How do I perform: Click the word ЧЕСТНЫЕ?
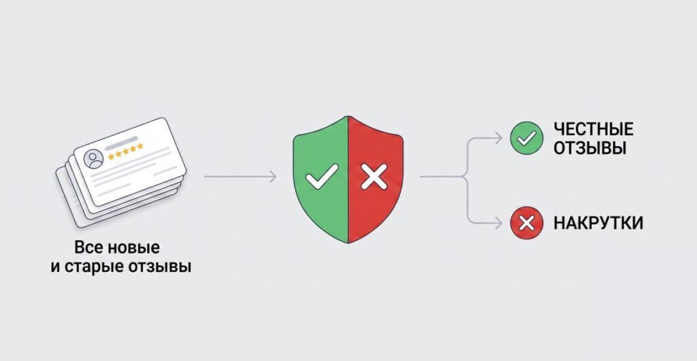[594, 129]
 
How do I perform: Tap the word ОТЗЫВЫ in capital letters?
[590, 148]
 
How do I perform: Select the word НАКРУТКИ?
[598, 223]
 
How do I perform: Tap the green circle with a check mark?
[526, 138]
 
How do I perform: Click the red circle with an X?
[526, 223]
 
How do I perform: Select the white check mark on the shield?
[321, 177]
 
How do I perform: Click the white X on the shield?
[374, 177]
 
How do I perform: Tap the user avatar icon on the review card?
[94, 159]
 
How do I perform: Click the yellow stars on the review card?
[126, 151]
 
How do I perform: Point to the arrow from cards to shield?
[240, 177]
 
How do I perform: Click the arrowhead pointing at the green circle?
[498, 138]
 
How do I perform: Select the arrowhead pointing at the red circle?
[498, 223]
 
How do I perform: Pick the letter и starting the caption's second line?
[55, 268]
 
